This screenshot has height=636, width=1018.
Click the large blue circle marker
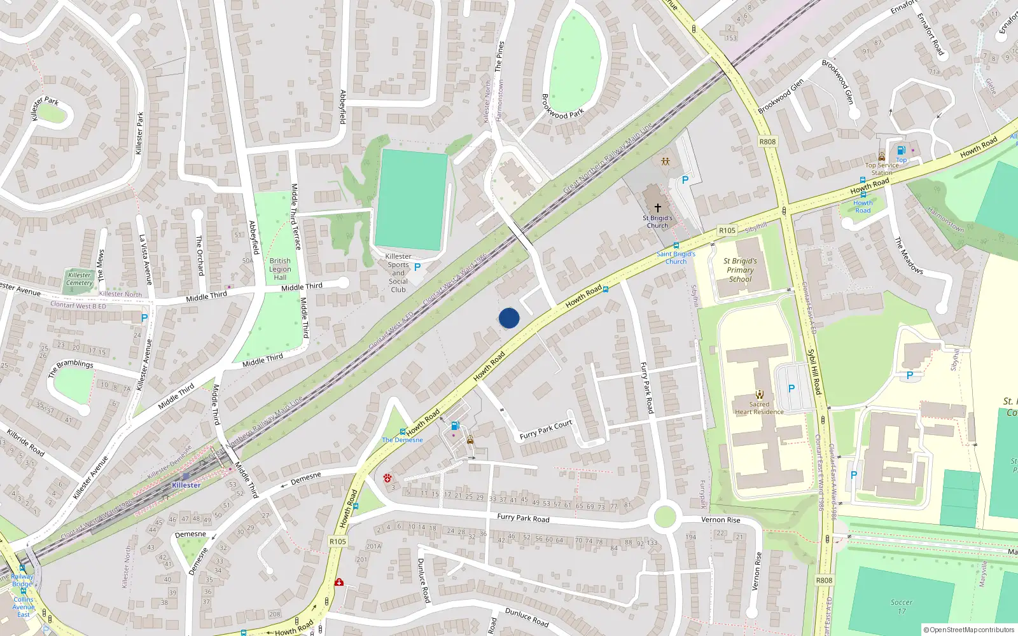coord(509,318)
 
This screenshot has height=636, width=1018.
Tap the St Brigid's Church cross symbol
coord(658,208)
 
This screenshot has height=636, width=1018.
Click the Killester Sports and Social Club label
coord(398,273)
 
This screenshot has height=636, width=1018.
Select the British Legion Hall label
coord(280,269)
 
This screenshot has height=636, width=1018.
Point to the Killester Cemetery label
coord(80,279)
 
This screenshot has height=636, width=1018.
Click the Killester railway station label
coord(186,485)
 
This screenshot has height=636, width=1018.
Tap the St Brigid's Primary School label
coord(740,270)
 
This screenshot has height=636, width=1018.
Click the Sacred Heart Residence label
coord(759,408)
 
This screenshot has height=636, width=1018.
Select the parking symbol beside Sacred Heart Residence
coord(791,389)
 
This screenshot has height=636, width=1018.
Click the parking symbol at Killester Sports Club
coord(417,268)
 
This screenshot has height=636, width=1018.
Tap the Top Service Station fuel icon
coord(901,151)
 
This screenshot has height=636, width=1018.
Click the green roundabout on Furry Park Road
coord(664,516)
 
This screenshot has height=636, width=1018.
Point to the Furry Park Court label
coord(546,430)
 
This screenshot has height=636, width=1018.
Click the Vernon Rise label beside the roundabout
coord(721,520)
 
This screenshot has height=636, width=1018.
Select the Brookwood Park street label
coord(562,106)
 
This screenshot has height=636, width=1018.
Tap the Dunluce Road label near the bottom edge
coord(526,616)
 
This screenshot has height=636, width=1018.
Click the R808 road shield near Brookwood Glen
coord(767,141)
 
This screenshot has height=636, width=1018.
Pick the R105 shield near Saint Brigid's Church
coord(727,230)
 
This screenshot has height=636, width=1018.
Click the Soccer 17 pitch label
coord(901,607)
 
